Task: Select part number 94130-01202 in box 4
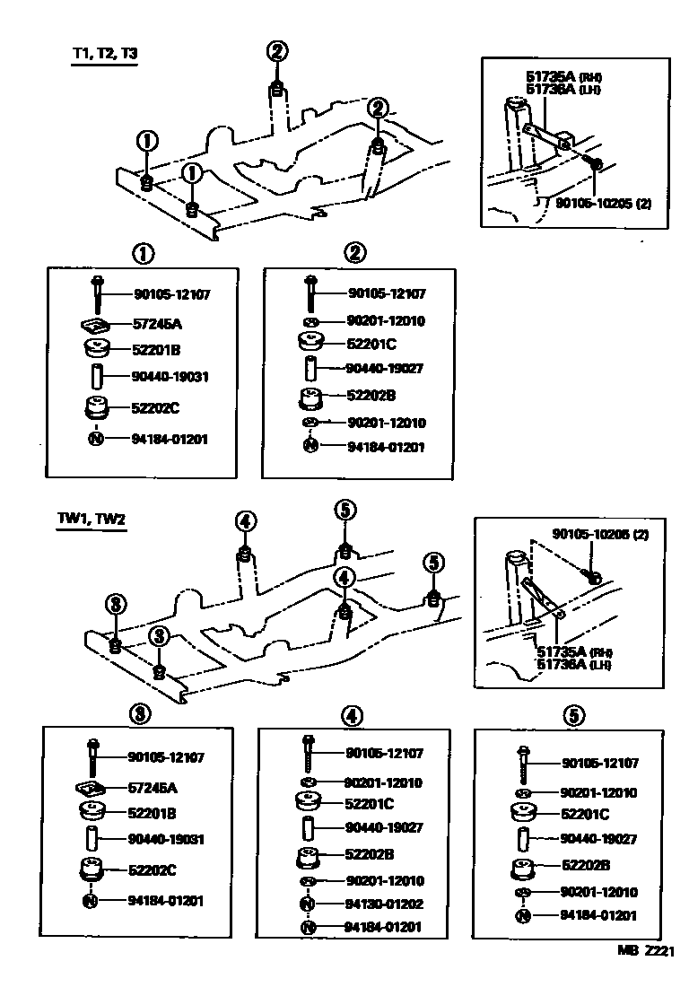coord(384,904)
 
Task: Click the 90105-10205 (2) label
coord(603,204)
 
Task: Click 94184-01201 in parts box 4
coord(384,928)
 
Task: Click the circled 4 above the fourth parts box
coord(352,715)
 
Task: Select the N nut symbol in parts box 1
coord(95,439)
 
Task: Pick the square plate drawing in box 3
coord(92,788)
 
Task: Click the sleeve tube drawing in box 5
coord(521,840)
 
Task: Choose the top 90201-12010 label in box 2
coord(386,321)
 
